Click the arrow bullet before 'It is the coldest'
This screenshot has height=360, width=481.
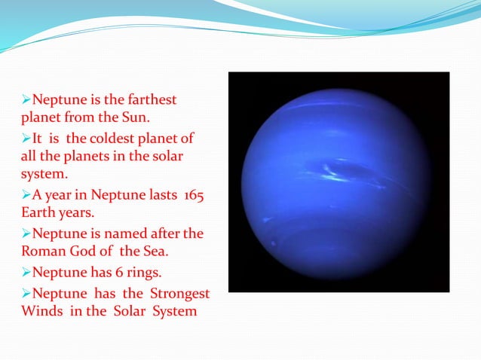[26, 139]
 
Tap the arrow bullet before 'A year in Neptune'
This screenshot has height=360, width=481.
[26, 196]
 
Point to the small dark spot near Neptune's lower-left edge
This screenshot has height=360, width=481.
[271, 243]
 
